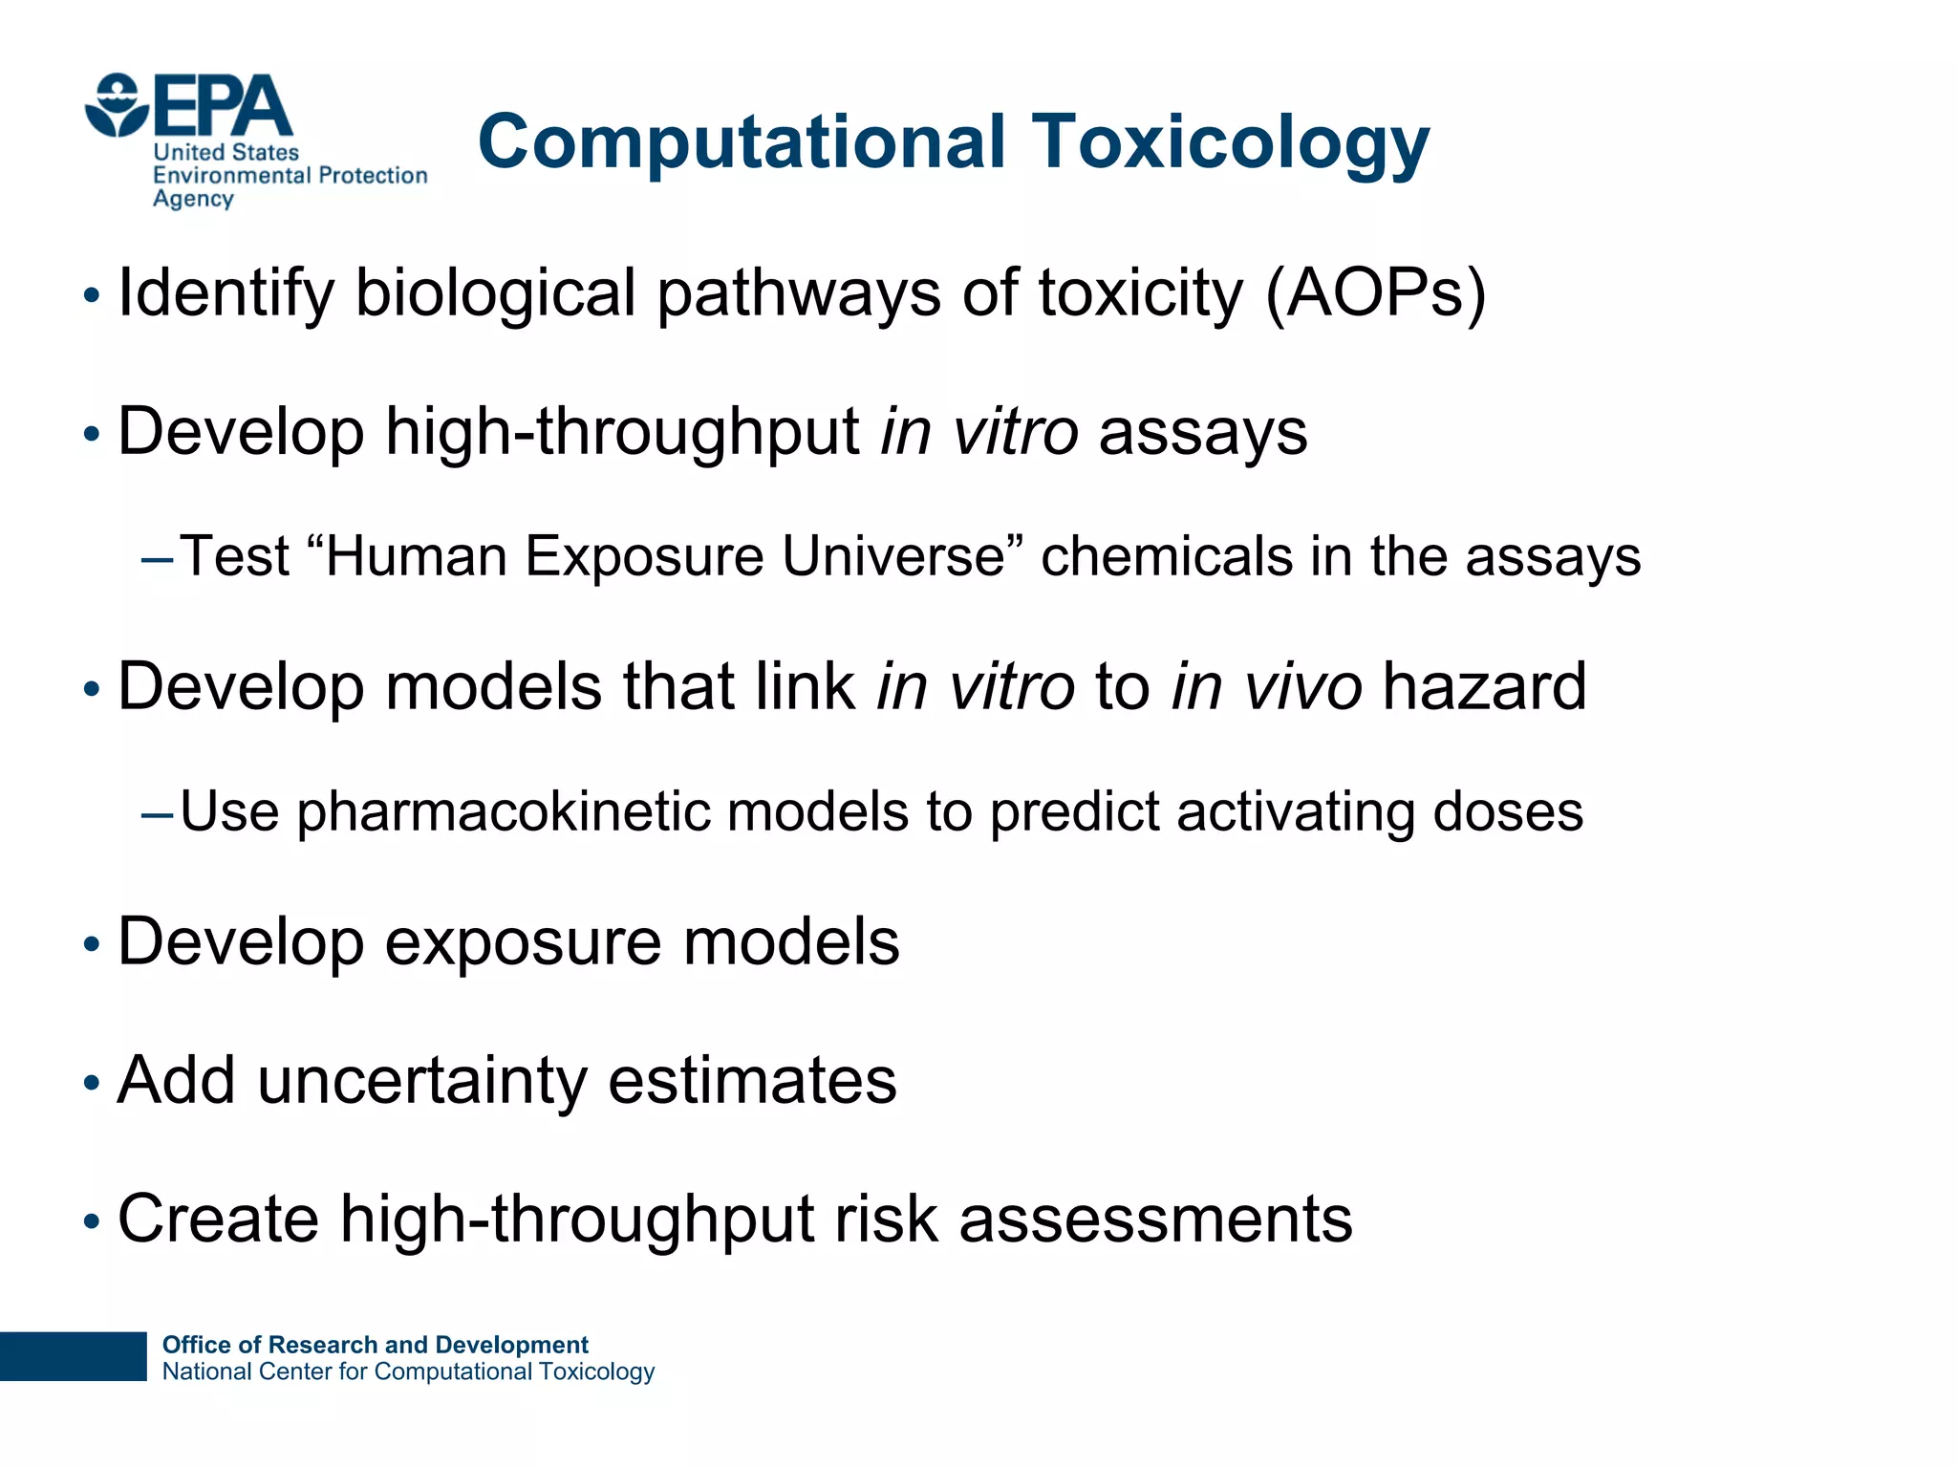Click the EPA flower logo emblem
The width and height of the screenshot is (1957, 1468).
(117, 105)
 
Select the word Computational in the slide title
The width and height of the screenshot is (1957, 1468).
(742, 143)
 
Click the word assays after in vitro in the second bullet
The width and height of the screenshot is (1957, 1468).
(1203, 432)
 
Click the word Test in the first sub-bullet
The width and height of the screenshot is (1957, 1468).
(235, 556)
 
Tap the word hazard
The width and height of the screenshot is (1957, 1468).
(1484, 687)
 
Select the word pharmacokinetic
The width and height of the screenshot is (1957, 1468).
(503, 812)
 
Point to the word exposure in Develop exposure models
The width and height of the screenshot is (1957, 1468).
(523, 943)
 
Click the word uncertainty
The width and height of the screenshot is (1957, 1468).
(421, 1081)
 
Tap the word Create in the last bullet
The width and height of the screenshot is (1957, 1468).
(218, 1220)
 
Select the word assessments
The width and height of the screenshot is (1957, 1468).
(1155, 1220)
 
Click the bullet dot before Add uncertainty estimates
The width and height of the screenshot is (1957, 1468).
(92, 1084)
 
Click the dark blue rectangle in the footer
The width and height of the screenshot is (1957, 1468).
(73, 1356)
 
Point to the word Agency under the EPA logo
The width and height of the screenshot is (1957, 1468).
(193, 199)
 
